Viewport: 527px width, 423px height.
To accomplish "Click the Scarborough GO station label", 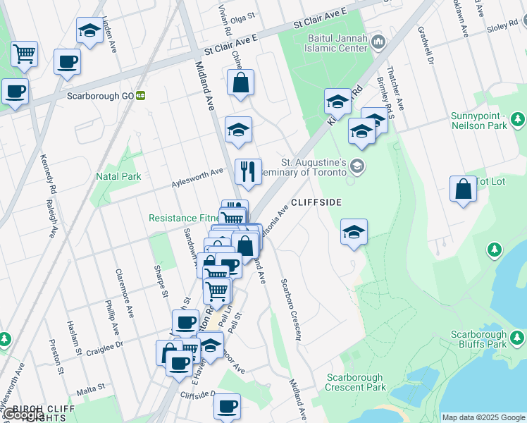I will (x=101, y=96).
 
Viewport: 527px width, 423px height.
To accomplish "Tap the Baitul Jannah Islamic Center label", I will (x=337, y=43).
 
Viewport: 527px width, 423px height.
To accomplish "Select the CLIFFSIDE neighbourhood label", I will (x=316, y=202).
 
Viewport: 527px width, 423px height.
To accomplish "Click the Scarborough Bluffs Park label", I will (x=478, y=339).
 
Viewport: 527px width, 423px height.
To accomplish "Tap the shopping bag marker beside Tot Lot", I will (x=463, y=189).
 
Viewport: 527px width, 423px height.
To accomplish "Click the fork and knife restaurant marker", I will (x=248, y=171).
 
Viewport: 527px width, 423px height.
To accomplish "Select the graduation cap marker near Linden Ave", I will (x=89, y=30).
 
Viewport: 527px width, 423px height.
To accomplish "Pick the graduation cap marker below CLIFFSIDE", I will (x=353, y=231).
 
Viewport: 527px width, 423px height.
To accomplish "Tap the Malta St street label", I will (x=89, y=387).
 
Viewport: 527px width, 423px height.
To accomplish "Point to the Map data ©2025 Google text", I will (x=483, y=417).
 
